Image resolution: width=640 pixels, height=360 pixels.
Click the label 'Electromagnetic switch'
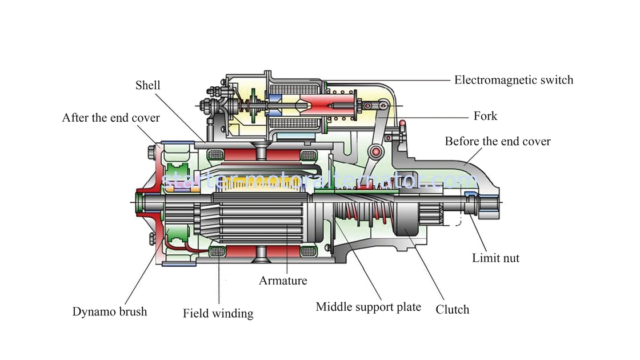[x=514, y=80]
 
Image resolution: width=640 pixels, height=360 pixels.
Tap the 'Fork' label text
[x=485, y=116]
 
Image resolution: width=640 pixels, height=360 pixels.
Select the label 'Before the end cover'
[x=498, y=141]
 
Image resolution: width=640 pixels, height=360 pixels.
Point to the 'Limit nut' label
[x=495, y=258]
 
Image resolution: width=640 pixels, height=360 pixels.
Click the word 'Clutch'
[x=452, y=309]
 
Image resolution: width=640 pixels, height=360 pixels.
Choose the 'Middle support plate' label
[x=368, y=307]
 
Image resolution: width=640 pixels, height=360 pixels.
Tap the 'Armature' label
[x=283, y=281]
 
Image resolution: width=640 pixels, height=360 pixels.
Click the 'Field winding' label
[x=218, y=314]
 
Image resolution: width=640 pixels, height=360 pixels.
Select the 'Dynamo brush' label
[x=109, y=311]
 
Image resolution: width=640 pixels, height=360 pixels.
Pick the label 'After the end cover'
[x=111, y=118]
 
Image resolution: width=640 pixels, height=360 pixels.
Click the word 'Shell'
[x=148, y=85]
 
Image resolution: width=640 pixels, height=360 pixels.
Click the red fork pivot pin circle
[x=376, y=152]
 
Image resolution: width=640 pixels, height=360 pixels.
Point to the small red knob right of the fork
[x=402, y=123]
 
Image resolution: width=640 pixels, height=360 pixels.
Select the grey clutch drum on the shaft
[x=406, y=219]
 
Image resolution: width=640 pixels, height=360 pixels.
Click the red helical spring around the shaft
[x=367, y=215]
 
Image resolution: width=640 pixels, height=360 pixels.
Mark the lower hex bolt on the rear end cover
[x=152, y=238]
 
